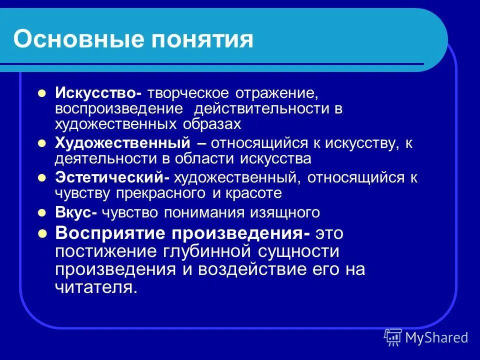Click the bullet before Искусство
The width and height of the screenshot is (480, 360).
click(42, 93)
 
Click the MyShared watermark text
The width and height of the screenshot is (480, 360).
click(436, 337)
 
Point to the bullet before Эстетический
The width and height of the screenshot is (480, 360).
click(42, 177)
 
